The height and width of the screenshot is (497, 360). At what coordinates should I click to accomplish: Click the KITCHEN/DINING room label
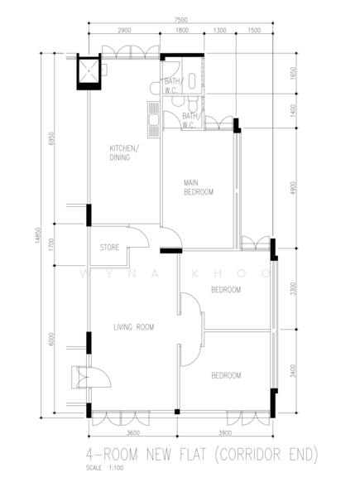tap(124, 152)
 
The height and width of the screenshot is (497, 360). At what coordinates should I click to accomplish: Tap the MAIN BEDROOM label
tap(199, 187)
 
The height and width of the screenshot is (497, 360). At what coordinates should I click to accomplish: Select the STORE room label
tap(109, 247)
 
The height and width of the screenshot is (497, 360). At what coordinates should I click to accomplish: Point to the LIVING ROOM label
tap(134, 327)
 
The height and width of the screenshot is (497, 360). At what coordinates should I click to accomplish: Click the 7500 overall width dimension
tap(180, 20)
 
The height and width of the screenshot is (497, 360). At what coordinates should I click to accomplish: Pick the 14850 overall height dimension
tap(38, 235)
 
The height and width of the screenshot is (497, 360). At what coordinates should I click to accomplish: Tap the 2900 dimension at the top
tap(124, 31)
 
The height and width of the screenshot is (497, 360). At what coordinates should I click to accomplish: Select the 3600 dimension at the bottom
tap(133, 433)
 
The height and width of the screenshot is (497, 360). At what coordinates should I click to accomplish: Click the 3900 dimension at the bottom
tap(225, 433)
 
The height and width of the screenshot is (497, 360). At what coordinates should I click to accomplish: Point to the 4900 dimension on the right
tap(293, 188)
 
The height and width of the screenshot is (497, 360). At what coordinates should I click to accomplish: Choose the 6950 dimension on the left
tap(52, 138)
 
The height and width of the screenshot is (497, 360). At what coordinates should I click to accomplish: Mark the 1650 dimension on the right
tap(293, 73)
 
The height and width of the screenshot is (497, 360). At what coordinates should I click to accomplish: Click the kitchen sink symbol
tap(154, 119)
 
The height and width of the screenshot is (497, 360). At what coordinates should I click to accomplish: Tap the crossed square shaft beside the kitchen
tap(89, 71)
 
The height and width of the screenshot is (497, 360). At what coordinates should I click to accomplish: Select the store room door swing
tap(139, 237)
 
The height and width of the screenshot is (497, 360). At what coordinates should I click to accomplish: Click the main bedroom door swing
tap(171, 238)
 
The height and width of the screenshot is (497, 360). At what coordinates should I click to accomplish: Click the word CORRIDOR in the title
tap(249, 454)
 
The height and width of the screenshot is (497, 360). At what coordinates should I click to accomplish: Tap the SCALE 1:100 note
tap(105, 468)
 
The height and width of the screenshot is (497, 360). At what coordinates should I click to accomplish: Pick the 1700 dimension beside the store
tap(52, 244)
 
